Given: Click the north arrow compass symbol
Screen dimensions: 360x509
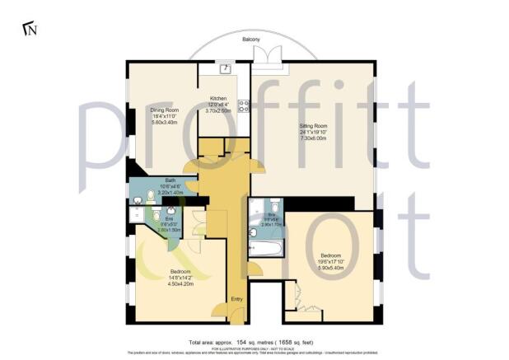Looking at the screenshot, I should (x=31, y=30).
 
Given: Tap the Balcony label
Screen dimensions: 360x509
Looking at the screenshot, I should (x=252, y=40).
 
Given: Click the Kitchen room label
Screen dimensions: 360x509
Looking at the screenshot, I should (x=218, y=98).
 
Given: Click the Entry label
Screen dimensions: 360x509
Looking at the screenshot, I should (x=237, y=299).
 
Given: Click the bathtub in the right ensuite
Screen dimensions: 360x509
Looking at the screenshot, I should (x=264, y=245).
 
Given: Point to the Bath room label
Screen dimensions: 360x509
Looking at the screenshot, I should (x=170, y=180).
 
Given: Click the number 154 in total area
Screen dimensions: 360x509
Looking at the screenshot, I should (x=242, y=341).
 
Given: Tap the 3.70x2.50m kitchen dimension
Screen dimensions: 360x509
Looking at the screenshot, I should (x=218, y=110).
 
